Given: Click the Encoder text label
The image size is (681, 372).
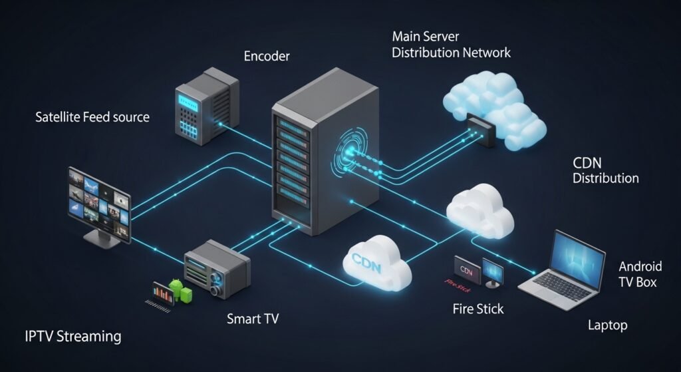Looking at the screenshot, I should [267, 57].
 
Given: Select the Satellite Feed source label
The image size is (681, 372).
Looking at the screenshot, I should [92, 117].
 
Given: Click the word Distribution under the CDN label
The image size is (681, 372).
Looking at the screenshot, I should [605, 178].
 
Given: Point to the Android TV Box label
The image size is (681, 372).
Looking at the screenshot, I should [640, 274].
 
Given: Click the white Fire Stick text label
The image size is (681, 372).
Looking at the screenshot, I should [477, 309].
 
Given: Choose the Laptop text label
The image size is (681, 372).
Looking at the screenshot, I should [607, 325].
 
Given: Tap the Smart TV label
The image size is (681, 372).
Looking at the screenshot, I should [252, 319].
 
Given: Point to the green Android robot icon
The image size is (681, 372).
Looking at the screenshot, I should [177, 288].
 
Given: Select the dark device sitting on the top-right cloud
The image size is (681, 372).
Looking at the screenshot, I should [479, 128].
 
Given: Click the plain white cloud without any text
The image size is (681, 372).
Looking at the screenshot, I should [480, 209].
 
